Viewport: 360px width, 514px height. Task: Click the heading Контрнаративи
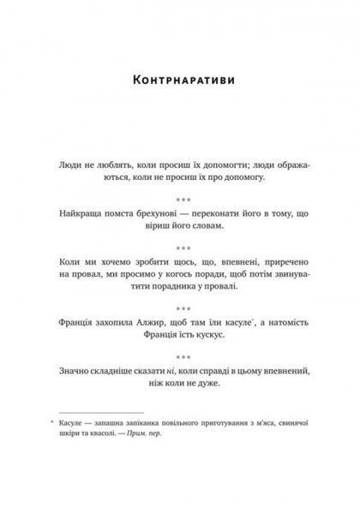[x=180, y=82]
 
